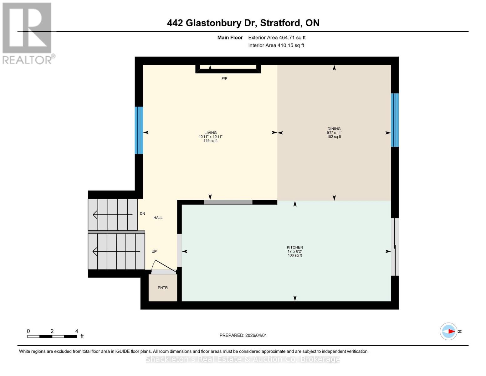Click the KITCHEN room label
pos(295,247)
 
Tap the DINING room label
pos(334,129)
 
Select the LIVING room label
pos(211,133)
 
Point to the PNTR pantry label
pos(163,288)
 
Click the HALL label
pos(158,218)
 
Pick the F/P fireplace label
pos(224,79)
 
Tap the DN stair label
pos(142,214)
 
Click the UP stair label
pos(154,252)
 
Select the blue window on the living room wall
pos(139,130)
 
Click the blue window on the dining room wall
pos(395,120)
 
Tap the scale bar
pos(52,336)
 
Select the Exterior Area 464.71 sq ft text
pos(277,38)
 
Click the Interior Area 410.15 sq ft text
pos(276,45)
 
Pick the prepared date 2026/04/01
pos(256,336)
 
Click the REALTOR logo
pos(28,33)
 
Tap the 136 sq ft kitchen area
pos(295,255)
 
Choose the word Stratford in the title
pos(280,23)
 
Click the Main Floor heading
pos(230,38)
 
